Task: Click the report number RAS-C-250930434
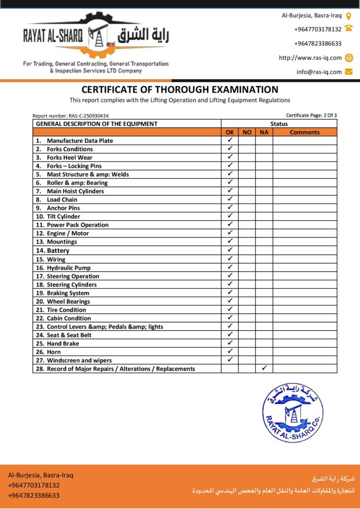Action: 71,116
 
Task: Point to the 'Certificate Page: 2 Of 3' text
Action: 311,115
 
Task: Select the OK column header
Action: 230,132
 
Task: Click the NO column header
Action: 247,132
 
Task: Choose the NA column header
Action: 264,132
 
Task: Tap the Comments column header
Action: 304,132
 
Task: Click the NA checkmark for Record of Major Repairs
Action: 264,368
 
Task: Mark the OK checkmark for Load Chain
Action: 230,199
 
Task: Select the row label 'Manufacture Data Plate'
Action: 80,141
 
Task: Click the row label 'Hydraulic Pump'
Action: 69,268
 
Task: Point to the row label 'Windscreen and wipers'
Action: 79,360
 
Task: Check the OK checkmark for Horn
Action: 230,351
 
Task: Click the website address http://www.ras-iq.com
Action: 310,58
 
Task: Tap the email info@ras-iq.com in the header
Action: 319,72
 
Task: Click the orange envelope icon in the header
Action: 349,72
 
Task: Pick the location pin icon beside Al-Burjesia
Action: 349,15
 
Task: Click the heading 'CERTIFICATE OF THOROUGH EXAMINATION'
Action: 180,90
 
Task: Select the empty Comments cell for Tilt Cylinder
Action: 304,216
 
